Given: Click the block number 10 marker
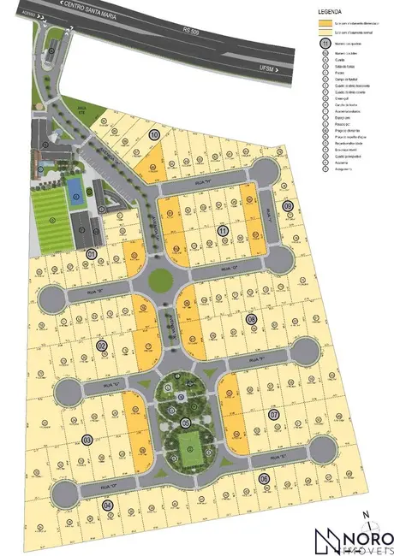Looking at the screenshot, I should point(155,134).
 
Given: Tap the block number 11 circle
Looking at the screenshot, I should point(222,231).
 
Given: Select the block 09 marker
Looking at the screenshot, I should point(288,205).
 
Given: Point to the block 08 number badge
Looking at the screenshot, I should point(251,319).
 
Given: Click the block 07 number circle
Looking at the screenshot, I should point(274,415).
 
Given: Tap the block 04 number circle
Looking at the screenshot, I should point(107,506).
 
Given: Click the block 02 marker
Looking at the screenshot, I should point(101,346).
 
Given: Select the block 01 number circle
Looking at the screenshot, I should point(92,253).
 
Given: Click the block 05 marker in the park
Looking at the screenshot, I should point(185,423).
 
